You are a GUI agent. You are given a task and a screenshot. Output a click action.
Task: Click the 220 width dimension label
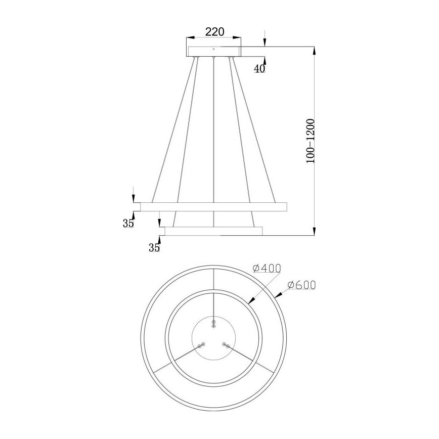tap(214, 31)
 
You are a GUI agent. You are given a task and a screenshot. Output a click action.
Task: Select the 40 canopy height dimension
tap(259, 69)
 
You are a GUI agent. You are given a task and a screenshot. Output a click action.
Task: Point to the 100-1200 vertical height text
tap(310, 141)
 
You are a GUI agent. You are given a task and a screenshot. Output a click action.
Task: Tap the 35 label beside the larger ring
tap(128, 223)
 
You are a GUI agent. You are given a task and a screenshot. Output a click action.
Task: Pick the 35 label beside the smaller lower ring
tap(154, 247)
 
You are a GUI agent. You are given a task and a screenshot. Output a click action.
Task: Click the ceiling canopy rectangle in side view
tap(214, 51)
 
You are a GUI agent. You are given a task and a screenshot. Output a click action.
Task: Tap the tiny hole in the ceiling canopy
tap(214, 49)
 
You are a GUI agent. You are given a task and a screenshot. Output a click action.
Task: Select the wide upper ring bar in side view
tap(213, 206)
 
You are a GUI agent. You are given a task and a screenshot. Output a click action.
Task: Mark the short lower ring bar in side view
tap(213, 231)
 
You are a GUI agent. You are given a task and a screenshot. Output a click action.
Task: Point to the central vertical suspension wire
tap(214, 142)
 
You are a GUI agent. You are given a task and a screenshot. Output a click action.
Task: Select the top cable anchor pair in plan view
tap(214, 324)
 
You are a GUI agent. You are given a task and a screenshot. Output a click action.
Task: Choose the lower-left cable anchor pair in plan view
tap(202, 345)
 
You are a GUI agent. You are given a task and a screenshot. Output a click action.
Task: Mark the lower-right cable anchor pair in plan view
tap(226, 345)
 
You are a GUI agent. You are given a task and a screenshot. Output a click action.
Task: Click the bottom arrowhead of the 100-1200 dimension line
tap(314, 233)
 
